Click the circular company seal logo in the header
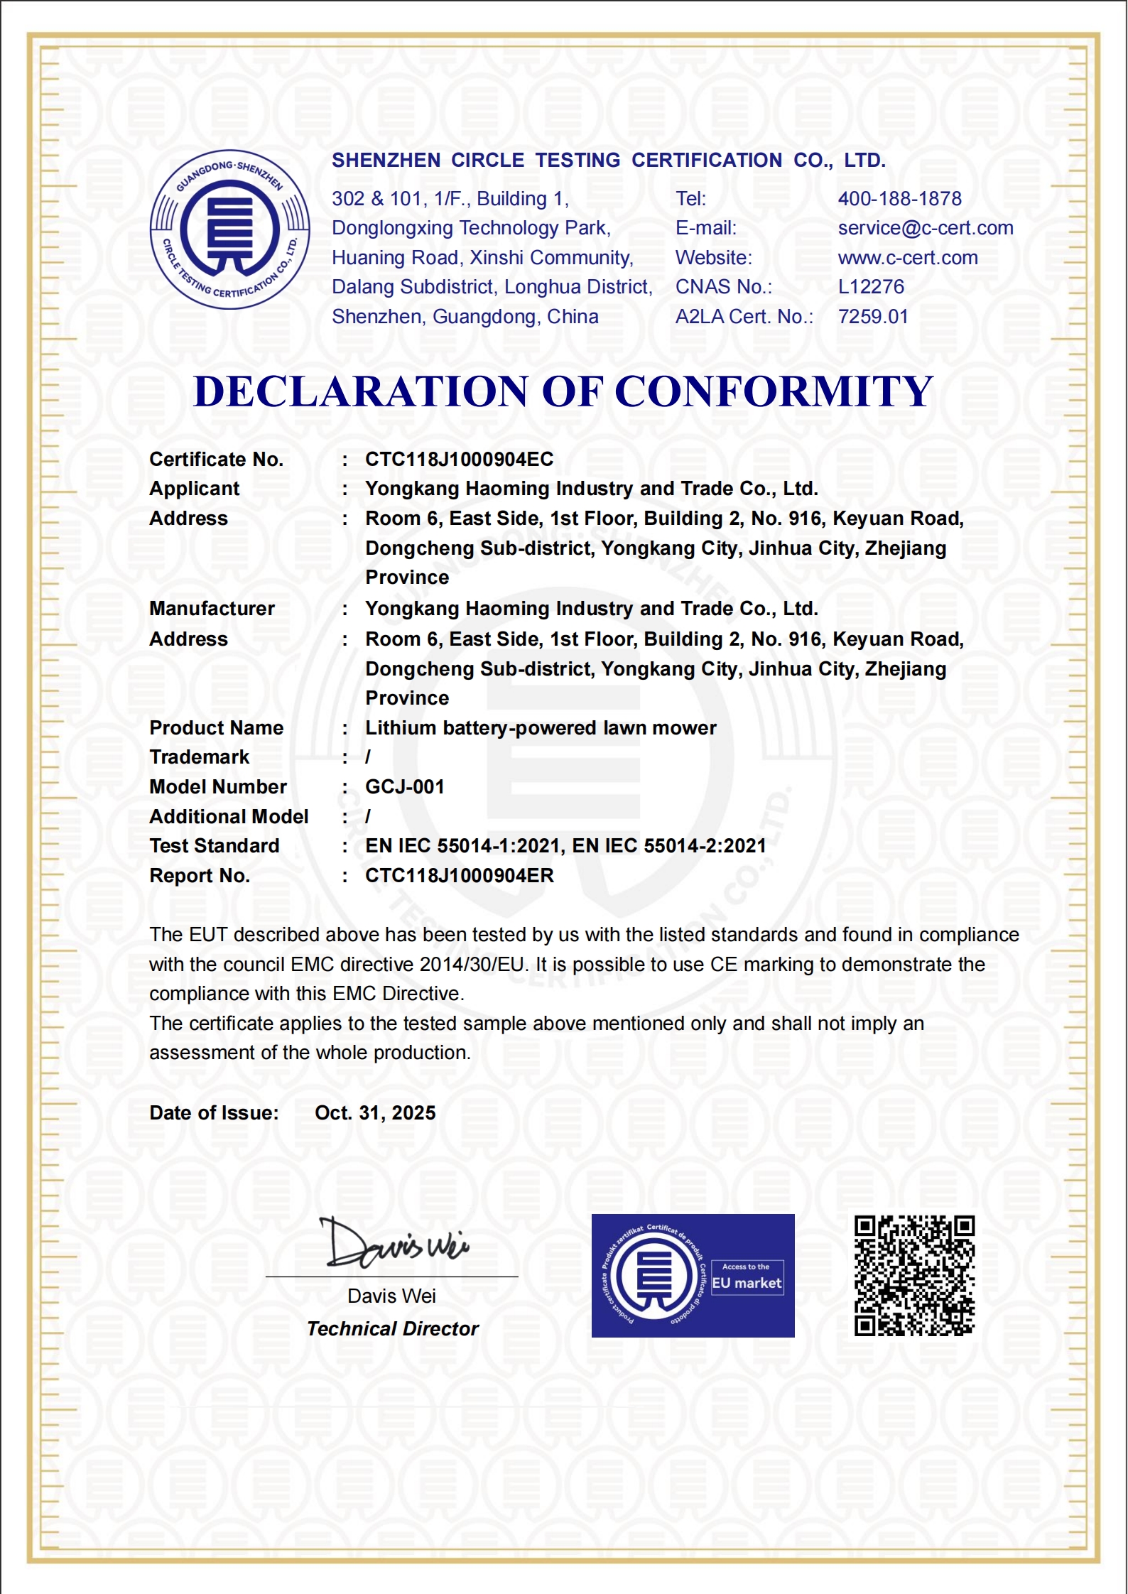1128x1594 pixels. tap(229, 229)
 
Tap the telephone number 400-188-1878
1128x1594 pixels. tap(899, 199)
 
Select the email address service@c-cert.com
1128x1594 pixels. tap(925, 228)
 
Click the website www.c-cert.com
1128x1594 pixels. tap(907, 258)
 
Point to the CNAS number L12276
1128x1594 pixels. tap(871, 287)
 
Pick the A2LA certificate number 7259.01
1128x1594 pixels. tap(873, 317)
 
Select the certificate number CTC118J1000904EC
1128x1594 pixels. tap(459, 460)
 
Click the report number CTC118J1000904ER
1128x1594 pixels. tap(459, 876)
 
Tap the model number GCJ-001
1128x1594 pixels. tap(404, 787)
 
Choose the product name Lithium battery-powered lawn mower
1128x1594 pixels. tap(541, 728)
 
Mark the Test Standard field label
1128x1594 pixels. tap(214, 846)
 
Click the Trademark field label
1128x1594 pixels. tap(199, 757)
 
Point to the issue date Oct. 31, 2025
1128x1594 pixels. tap(375, 1113)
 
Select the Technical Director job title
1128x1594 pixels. tap(393, 1329)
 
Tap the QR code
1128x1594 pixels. tap(914, 1276)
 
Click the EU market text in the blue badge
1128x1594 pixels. tap(747, 1283)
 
